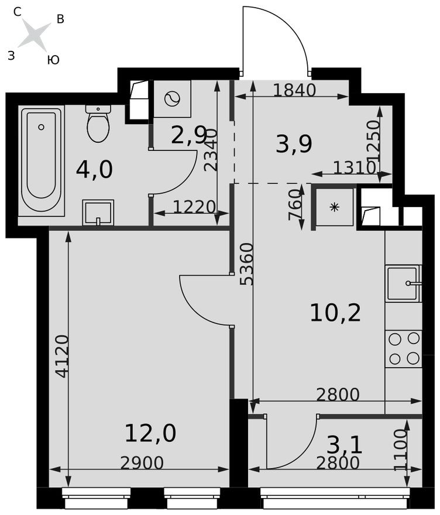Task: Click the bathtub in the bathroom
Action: (42, 160)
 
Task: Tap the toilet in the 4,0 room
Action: (98, 123)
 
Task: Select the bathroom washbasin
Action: (98, 212)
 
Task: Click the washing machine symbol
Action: (172, 99)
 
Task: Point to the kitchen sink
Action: (403, 283)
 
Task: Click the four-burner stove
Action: (404, 348)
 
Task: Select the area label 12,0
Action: (150, 434)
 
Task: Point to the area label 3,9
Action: (294, 143)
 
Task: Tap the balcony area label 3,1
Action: (345, 445)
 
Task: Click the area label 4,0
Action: (94, 170)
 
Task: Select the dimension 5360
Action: (246, 263)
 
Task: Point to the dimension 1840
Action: (294, 90)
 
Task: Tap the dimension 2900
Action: (142, 462)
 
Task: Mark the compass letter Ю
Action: (53, 60)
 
